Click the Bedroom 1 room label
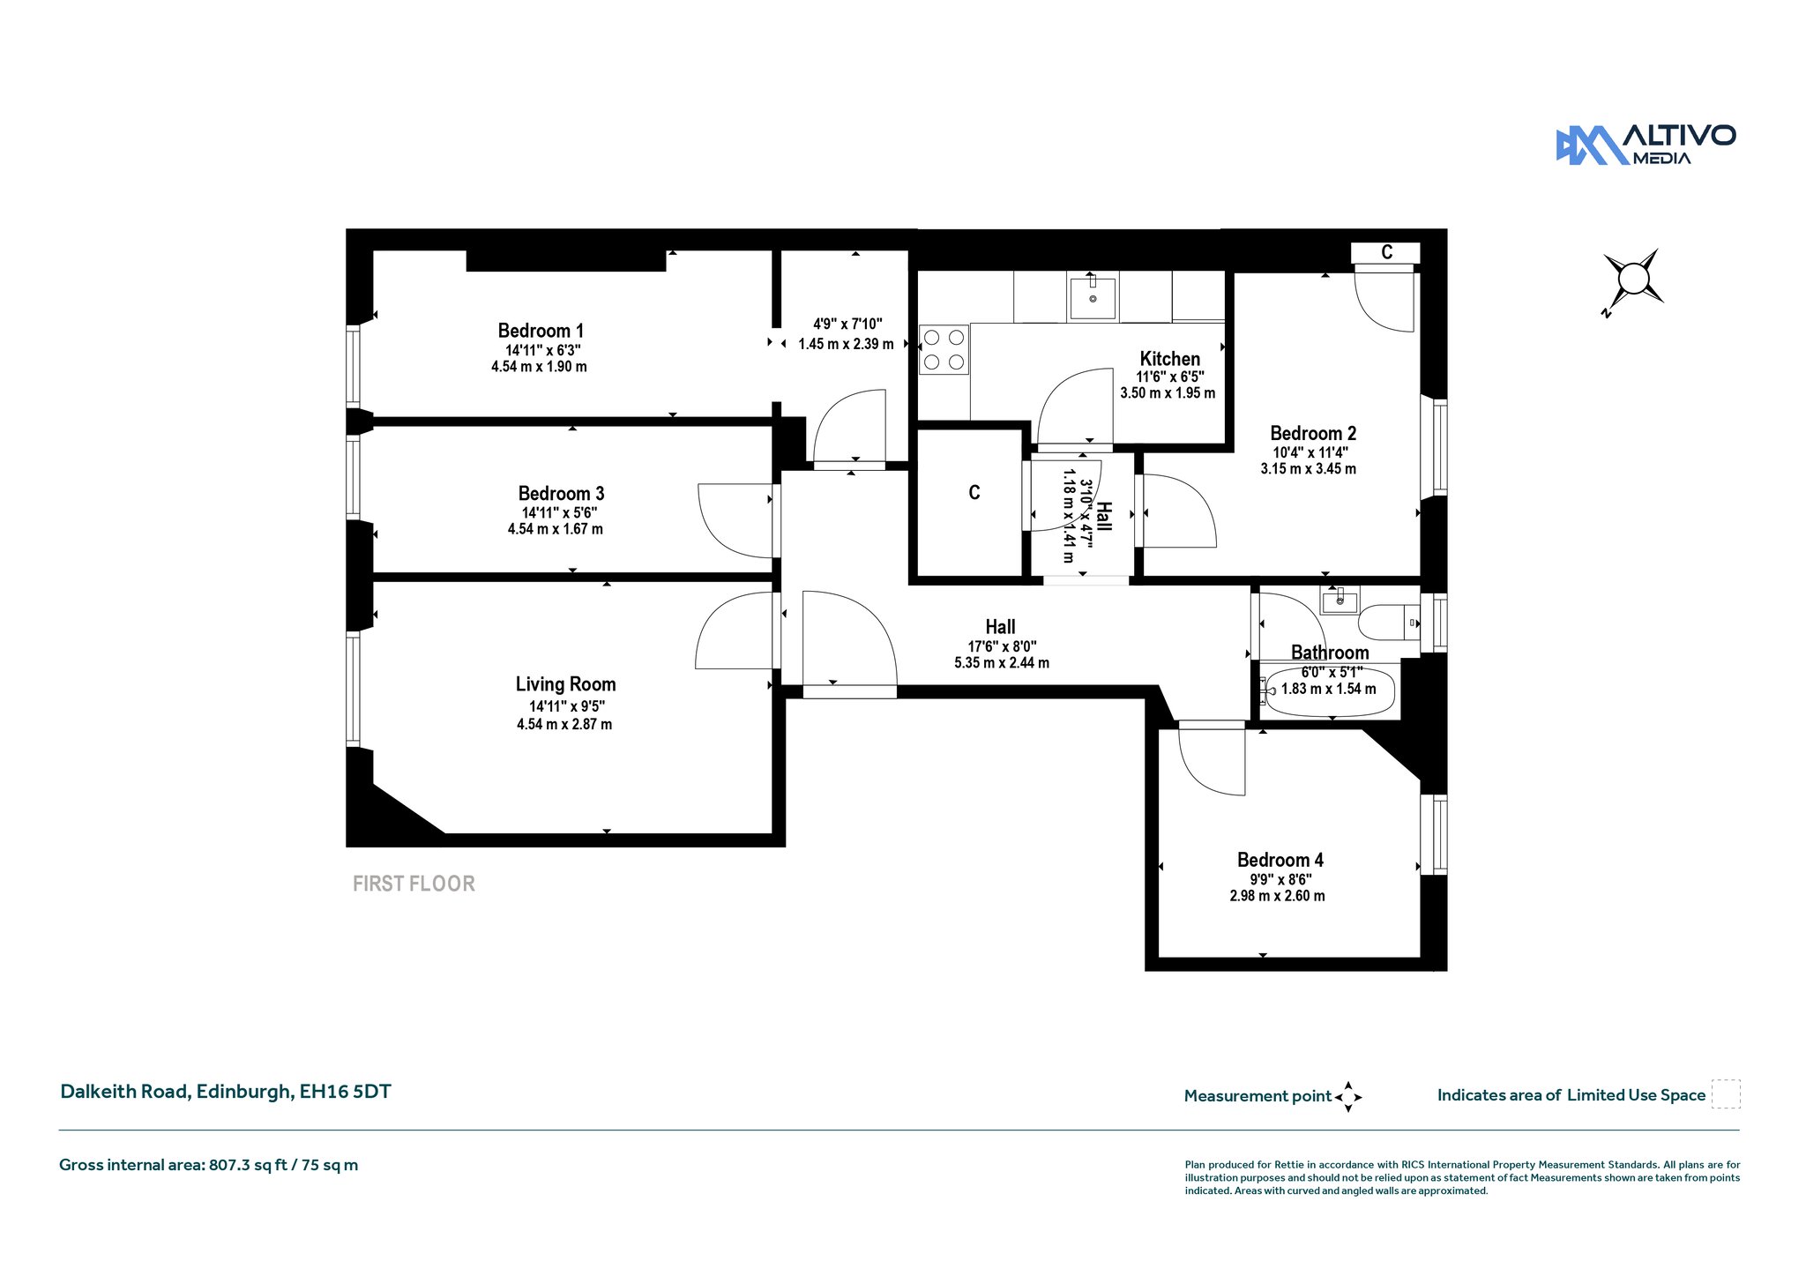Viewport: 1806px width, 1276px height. [x=541, y=331]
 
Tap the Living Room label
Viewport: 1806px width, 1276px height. [x=565, y=684]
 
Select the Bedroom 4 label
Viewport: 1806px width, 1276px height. [x=1280, y=860]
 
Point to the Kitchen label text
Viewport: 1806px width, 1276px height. [x=1169, y=359]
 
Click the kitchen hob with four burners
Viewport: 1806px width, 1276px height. [x=944, y=349]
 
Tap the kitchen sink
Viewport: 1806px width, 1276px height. [x=1093, y=297]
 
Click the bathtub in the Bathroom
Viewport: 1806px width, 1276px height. [x=1327, y=692]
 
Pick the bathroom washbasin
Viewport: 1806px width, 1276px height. [x=1340, y=601]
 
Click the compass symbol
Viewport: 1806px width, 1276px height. [x=1633, y=280]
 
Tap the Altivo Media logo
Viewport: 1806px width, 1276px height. [x=1646, y=145]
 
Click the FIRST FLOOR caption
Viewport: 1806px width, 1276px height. [x=414, y=884]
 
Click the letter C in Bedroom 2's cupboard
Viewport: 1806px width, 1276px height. [x=1386, y=252]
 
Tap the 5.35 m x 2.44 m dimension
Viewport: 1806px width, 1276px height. [x=1002, y=663]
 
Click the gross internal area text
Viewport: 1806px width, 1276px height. [x=208, y=1165]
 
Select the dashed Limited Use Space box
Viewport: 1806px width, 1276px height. [x=1726, y=1094]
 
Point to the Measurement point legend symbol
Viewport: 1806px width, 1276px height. [x=1348, y=1097]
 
